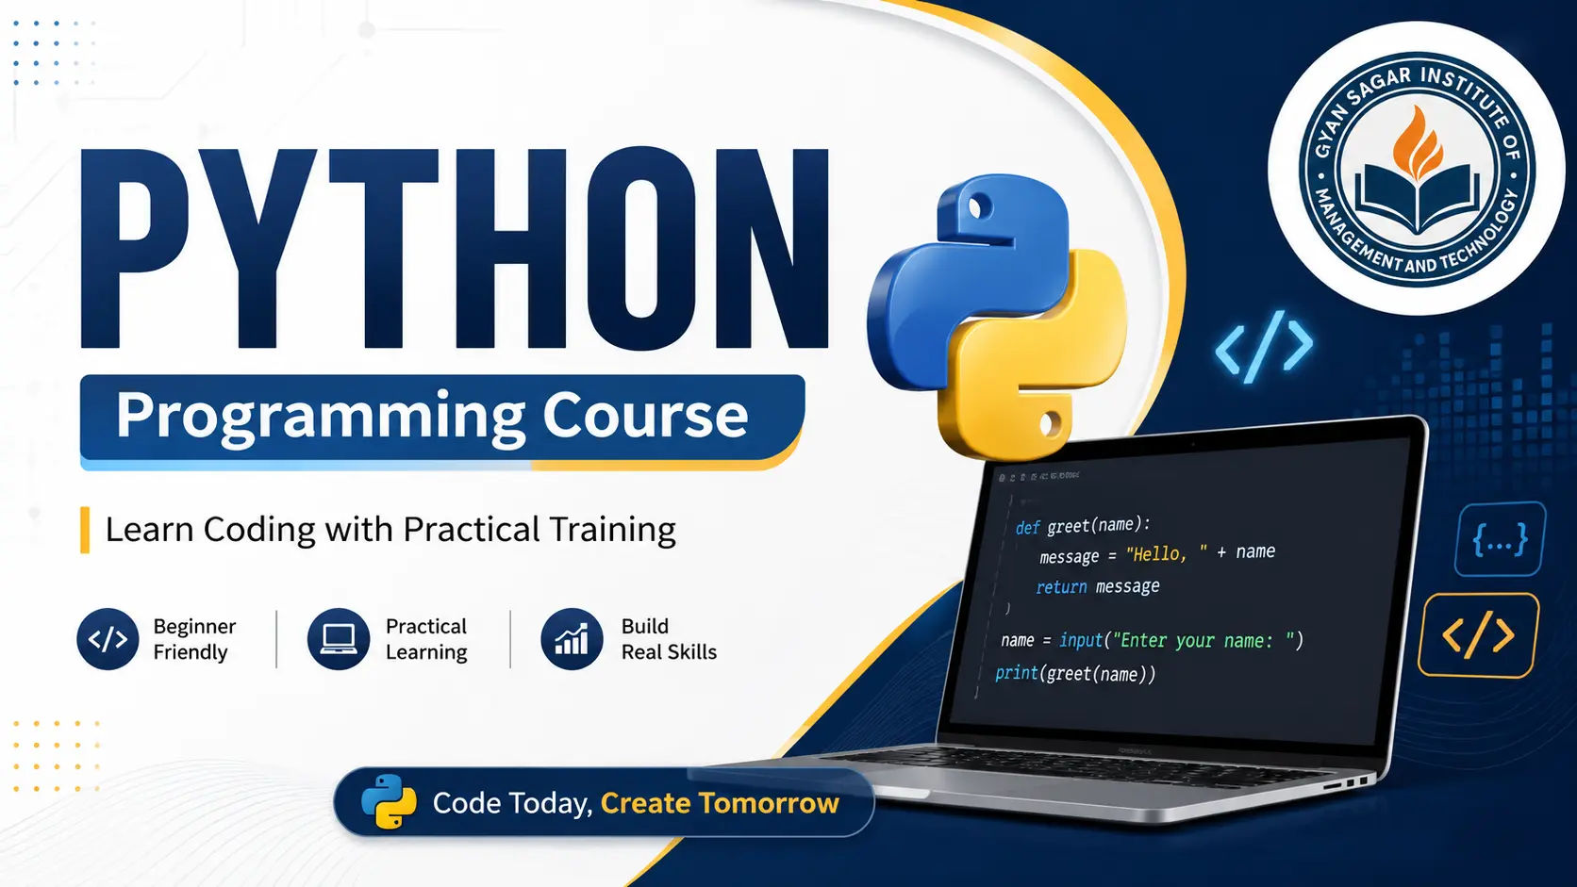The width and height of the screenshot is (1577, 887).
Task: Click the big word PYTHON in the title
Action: click(x=455, y=248)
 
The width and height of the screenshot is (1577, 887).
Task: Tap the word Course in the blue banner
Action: click(x=645, y=415)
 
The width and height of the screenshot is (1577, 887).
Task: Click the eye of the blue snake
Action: click(x=979, y=207)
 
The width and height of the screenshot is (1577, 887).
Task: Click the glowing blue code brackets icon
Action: click(x=1265, y=347)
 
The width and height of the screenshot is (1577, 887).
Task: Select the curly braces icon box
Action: click(x=1500, y=539)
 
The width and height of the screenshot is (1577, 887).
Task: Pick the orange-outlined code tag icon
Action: click(x=1479, y=635)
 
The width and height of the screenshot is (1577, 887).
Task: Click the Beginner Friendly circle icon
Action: click(x=108, y=639)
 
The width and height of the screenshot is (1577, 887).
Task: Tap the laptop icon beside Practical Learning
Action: click(x=339, y=639)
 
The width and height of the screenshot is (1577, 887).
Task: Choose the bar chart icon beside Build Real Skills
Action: click(x=572, y=639)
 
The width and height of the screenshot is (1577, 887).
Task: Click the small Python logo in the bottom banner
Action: click(x=389, y=802)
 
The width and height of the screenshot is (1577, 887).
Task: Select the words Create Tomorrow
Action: click(x=720, y=803)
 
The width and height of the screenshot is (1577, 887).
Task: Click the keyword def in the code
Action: click(x=1027, y=528)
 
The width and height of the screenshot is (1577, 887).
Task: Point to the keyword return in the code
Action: click(x=1061, y=586)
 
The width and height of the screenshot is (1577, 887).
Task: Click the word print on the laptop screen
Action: click(x=1017, y=673)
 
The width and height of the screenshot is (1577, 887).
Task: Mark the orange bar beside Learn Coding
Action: click(x=85, y=531)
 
